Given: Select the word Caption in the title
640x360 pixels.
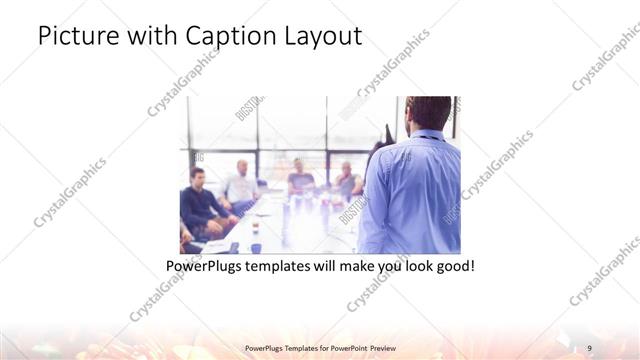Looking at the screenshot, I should click(x=223, y=37).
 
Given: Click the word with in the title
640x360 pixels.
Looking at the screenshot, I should click(x=147, y=37).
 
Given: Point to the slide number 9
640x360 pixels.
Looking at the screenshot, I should click(x=590, y=347).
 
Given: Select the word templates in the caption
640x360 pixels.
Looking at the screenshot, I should click(x=285, y=267).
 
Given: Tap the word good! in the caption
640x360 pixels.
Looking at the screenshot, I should click(x=452, y=267).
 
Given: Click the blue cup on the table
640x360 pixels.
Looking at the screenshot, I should click(x=256, y=246).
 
